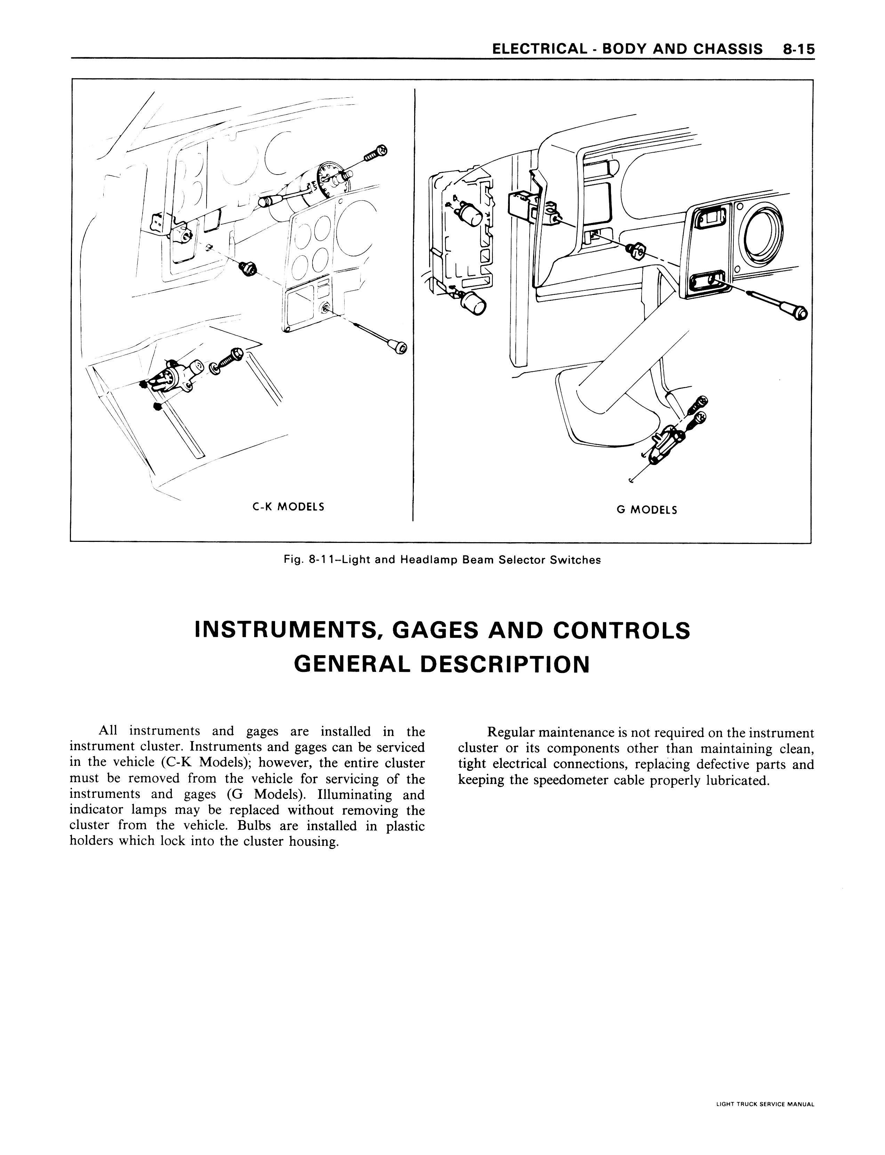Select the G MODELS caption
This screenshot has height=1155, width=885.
tap(647, 510)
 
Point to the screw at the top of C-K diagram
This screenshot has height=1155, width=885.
tap(376, 153)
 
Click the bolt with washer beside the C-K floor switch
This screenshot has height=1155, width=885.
tap(226, 362)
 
